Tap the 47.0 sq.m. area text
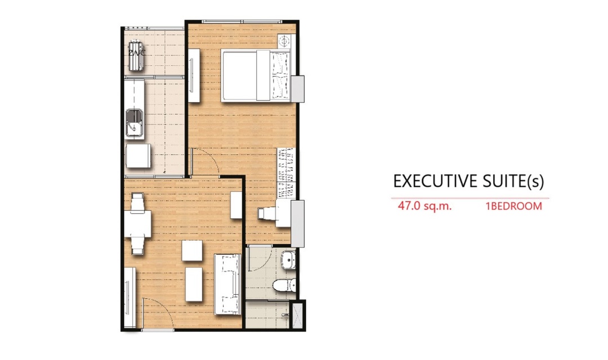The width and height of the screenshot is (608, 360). click(x=424, y=206)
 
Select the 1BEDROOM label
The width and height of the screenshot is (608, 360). click(x=514, y=206)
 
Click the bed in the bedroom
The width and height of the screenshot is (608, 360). click(x=256, y=75)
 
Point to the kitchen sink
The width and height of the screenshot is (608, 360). click(x=135, y=124)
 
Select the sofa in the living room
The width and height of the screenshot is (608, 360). click(x=228, y=284)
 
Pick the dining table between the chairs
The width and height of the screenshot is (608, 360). click(x=138, y=224)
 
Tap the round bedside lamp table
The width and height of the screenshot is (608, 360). click(x=284, y=40)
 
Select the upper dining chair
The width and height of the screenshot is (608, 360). click(x=137, y=202)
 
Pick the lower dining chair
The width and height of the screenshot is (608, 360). click(x=138, y=245)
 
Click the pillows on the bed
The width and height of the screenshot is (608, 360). click(x=280, y=75)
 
